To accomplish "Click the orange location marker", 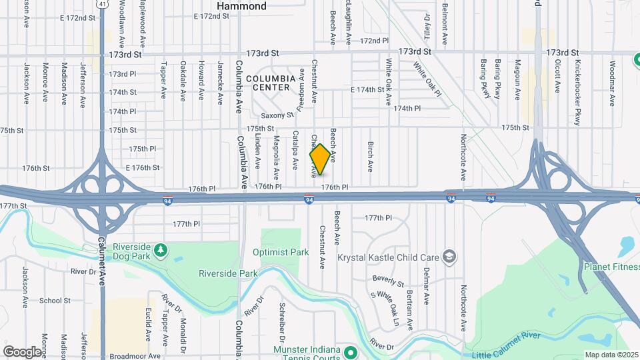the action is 320,159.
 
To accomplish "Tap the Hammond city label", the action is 241,6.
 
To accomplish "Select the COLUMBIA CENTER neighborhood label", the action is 271,83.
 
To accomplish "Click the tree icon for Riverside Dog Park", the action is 160,250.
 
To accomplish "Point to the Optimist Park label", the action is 281,253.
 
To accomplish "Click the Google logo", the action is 22,351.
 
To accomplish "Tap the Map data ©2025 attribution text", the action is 611,355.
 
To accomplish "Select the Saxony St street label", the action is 277,115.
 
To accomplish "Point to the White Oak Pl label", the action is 427,79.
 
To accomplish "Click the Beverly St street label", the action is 389,280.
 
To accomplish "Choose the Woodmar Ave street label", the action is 612,83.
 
